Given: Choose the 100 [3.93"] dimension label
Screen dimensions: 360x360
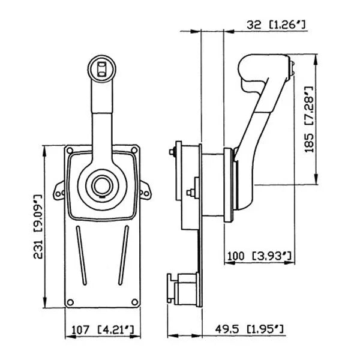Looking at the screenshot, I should pyautogui.click(x=259, y=256).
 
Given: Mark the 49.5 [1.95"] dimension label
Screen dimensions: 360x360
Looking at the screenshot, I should pyautogui.click(x=249, y=329).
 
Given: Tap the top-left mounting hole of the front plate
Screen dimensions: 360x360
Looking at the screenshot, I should pyautogui.click(x=70, y=150).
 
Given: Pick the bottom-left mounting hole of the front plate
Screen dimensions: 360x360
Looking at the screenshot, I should pyautogui.click(x=70, y=301).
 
